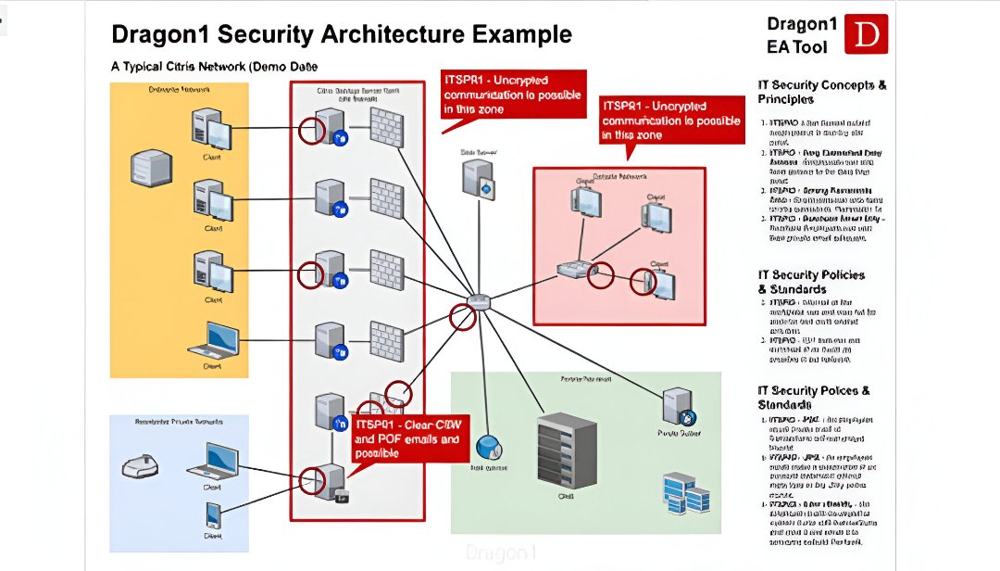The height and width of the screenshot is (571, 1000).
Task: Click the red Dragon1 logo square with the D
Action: pos(868,34)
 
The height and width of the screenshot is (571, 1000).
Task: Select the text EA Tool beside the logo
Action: pos(797,46)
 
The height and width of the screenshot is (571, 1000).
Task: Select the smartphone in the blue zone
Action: pos(213,514)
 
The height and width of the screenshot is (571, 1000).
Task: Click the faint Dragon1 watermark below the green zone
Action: pos(501,552)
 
